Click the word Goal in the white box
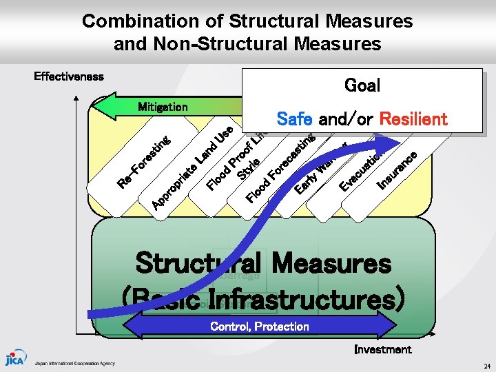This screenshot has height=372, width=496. (362, 85)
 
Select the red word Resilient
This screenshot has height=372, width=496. (413, 118)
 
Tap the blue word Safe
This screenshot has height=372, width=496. (294, 118)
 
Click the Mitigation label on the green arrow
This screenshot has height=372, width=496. (163, 107)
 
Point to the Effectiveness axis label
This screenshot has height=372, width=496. (69, 76)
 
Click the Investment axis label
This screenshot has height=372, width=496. (382, 349)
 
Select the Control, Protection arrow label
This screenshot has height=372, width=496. (259, 326)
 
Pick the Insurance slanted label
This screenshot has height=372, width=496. (397, 170)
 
